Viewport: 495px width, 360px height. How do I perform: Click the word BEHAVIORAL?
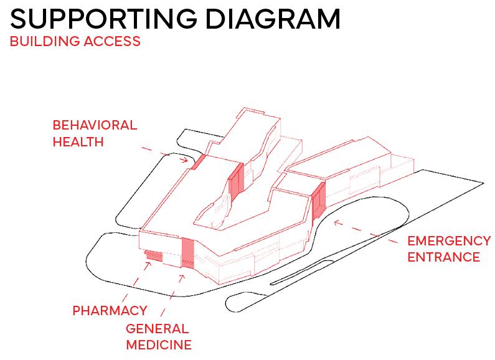(x=95, y=125)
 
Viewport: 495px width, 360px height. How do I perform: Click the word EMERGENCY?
(x=449, y=240)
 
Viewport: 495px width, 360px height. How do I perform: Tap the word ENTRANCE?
(x=443, y=257)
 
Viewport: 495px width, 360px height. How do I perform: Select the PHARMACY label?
(x=110, y=310)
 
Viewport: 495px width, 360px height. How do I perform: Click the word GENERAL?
(x=157, y=328)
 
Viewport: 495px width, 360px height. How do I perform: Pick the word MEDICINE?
(x=159, y=344)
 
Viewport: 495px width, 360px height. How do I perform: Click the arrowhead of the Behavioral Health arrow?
(x=185, y=160)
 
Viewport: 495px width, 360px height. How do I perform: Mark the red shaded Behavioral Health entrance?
(x=197, y=163)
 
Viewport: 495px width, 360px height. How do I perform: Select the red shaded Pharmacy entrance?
(x=153, y=255)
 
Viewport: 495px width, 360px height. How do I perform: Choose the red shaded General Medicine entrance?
(x=187, y=252)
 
